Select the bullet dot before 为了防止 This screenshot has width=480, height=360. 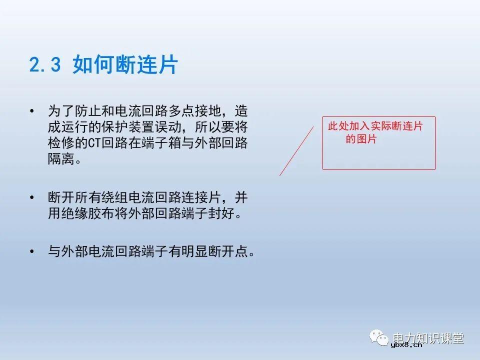pyautogui.click(x=32, y=110)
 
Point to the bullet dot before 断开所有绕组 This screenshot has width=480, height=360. pyautogui.click(x=32, y=196)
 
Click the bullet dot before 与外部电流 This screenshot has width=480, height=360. pyautogui.click(x=32, y=251)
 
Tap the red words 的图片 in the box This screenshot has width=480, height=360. pyautogui.click(x=361, y=139)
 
